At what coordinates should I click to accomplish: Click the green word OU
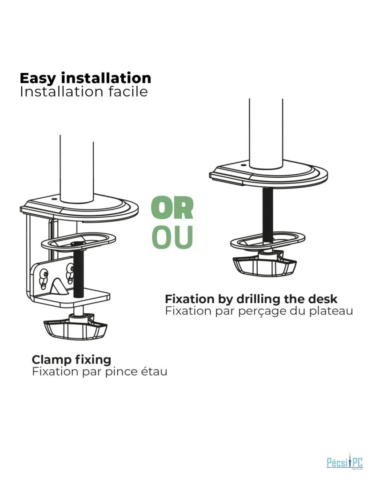pos(172,237)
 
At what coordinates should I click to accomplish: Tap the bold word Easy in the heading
pos(38,79)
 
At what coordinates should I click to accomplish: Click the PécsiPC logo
pos(345,461)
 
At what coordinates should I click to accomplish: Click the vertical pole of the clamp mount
pos(76,169)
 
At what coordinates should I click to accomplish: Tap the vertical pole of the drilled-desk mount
pos(266,133)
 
